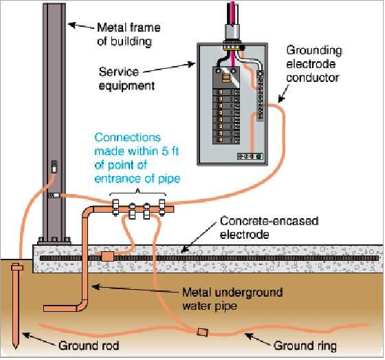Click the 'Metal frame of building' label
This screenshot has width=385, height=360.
129,34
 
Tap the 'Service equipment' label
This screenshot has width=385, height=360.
126,78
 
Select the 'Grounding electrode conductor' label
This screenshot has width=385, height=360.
314,64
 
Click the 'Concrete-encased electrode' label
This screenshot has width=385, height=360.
269,228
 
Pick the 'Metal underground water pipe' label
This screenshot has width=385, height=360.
232,299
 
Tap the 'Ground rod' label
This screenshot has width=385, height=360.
89,346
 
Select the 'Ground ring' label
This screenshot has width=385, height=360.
305,346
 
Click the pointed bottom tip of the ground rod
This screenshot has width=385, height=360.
15,348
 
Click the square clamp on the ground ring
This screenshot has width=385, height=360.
203,332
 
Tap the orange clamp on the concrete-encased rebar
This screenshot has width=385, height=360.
107,257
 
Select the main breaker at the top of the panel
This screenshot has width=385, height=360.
226,78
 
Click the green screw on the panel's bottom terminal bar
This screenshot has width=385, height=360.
258,156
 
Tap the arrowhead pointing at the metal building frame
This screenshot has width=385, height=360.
71,25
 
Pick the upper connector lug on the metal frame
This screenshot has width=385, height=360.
54,167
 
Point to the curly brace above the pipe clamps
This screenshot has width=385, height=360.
137,192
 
